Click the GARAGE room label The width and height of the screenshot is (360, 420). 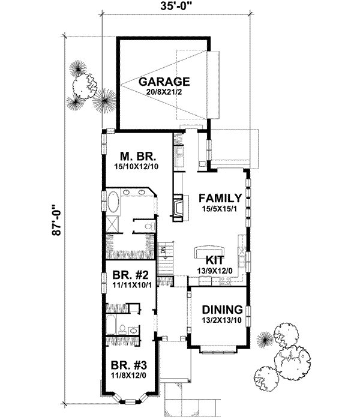coord(164,82)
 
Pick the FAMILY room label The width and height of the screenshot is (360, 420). coord(220,198)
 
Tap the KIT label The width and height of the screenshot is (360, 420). coord(215,260)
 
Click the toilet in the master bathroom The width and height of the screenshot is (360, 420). coord(148,226)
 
